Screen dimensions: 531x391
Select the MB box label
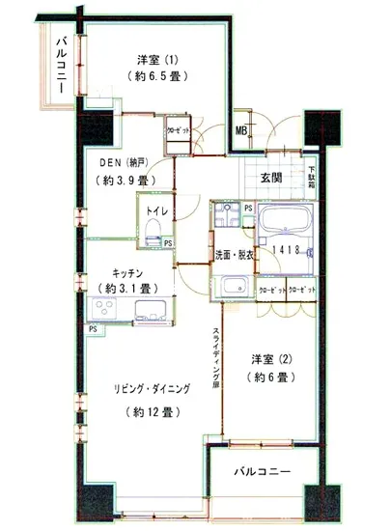(241, 133)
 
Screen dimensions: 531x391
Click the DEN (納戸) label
(122, 162)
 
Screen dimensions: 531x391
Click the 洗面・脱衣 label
(235, 254)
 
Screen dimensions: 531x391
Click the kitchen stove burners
(104, 311)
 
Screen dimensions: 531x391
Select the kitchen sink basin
(153, 312)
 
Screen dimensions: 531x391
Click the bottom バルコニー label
(263, 472)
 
